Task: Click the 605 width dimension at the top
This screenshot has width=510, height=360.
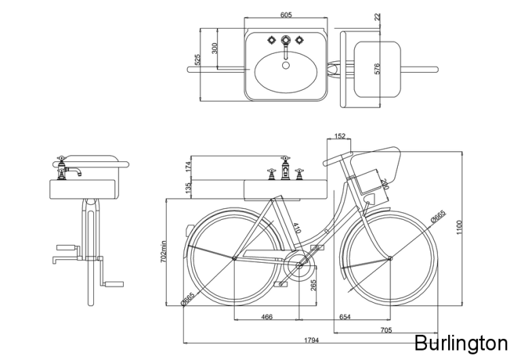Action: pyautogui.click(x=286, y=15)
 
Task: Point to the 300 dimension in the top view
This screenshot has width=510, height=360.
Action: pyautogui.click(x=215, y=48)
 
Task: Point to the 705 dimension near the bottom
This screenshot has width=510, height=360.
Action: pyautogui.click(x=384, y=331)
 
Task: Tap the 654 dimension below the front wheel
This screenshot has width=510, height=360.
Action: pyautogui.click(x=345, y=316)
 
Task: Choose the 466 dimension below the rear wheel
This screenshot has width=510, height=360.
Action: pyautogui.click(x=267, y=316)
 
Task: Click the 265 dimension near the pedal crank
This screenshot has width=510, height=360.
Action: pyautogui.click(x=313, y=285)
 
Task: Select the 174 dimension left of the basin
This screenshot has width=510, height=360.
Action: pyautogui.click(x=188, y=165)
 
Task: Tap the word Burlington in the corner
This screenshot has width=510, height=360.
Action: pyautogui.click(x=460, y=341)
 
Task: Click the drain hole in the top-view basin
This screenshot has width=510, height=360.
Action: pyautogui.click(x=286, y=66)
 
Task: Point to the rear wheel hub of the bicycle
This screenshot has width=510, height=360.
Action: pyautogui.click(x=234, y=259)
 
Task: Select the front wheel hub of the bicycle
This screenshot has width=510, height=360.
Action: pyautogui.click(x=390, y=259)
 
